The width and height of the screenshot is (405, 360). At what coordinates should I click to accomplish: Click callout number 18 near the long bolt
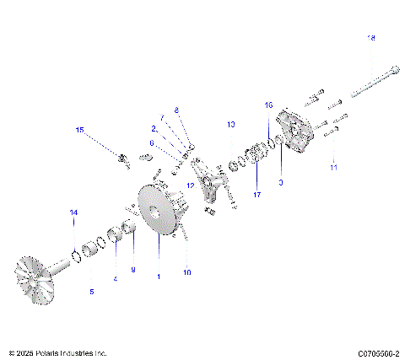370,38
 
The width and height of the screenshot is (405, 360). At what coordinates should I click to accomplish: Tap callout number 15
80,130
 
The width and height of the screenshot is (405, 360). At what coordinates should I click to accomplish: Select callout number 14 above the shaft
73,212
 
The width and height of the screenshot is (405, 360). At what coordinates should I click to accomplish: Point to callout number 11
333,168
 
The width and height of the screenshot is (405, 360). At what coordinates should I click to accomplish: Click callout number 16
269,105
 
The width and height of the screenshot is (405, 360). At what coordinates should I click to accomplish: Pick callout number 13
230,125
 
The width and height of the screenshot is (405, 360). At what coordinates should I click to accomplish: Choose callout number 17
256,195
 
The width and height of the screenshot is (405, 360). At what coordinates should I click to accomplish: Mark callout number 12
191,185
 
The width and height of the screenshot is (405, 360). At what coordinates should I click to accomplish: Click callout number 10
187,272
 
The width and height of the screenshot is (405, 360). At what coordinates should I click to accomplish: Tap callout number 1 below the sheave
158,277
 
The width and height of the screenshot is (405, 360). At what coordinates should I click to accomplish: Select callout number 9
132,269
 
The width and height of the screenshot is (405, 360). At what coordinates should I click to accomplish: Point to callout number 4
116,279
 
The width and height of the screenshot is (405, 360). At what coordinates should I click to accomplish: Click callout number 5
92,292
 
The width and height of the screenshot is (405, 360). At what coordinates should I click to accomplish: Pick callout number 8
177,110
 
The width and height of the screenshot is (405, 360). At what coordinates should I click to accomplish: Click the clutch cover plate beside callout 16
299,135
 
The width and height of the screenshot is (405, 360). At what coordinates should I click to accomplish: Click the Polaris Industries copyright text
57,352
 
